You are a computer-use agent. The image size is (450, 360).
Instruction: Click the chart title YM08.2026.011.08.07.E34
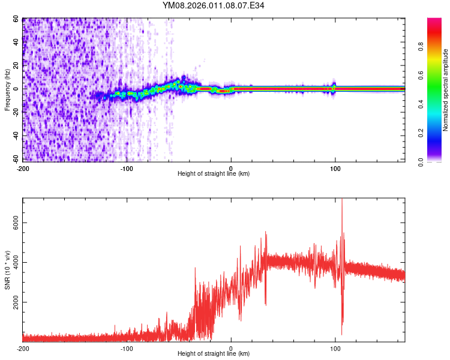click(213, 6)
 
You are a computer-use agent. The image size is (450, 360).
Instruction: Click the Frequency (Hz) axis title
click(7, 90)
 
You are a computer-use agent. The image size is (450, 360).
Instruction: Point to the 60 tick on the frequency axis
click(16, 19)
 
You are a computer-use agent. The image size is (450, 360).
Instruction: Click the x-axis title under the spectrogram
click(214, 174)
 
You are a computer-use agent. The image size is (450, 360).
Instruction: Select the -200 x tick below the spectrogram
click(22, 168)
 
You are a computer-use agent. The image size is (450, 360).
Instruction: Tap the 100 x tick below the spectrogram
click(335, 168)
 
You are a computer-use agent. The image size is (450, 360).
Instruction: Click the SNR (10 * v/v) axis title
click(7, 270)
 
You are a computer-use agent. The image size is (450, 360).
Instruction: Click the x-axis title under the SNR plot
click(214, 354)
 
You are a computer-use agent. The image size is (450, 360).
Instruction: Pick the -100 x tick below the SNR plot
click(127, 348)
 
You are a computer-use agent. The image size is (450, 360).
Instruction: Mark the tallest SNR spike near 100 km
click(342, 200)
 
